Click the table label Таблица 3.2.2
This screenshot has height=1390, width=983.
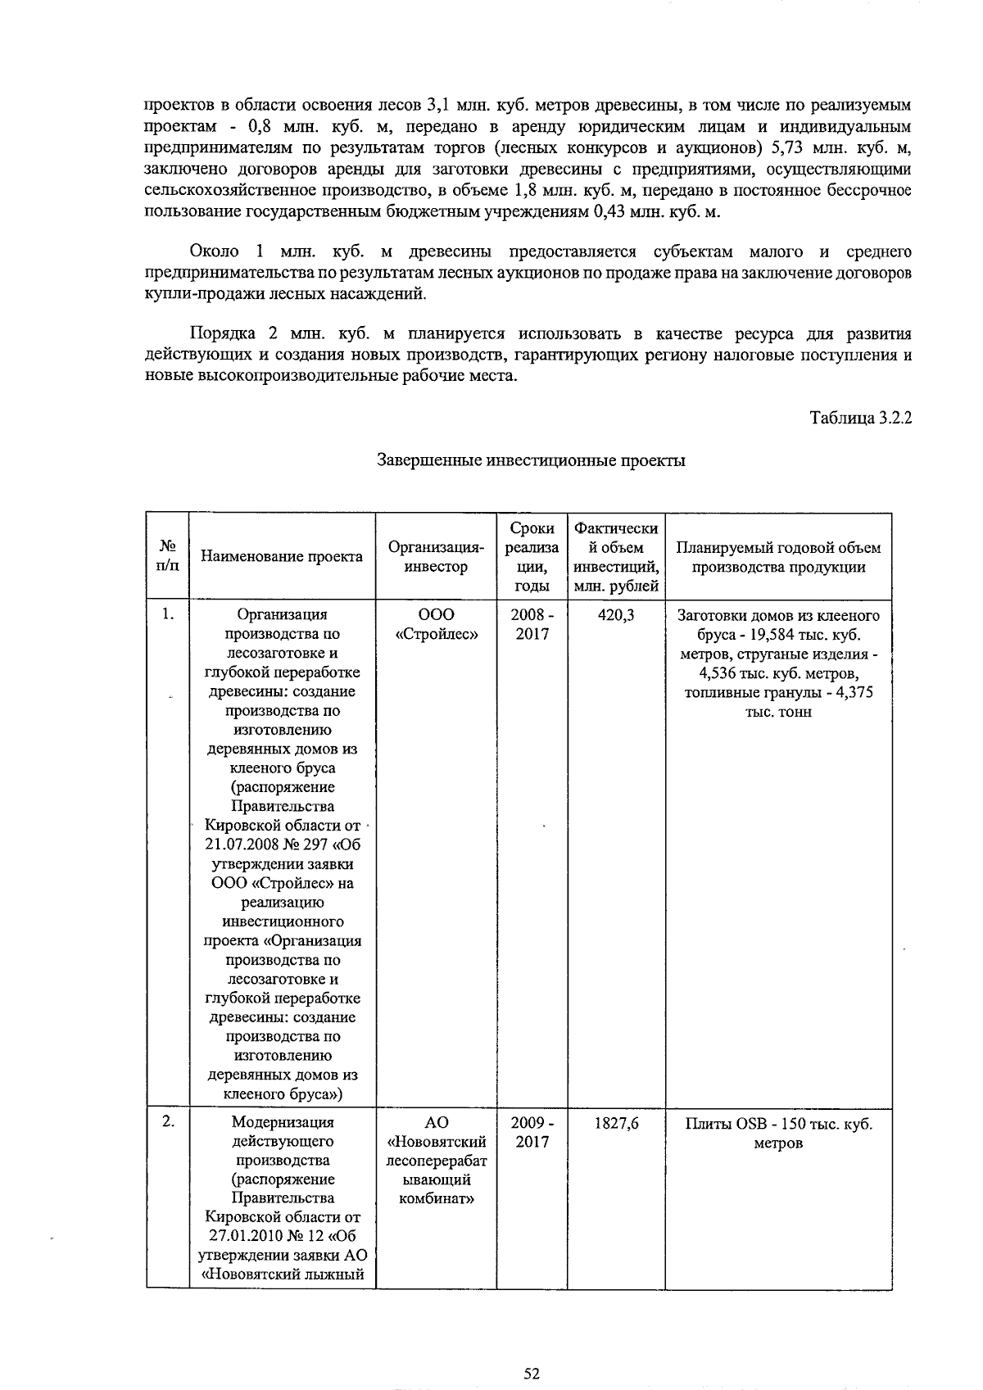(860, 418)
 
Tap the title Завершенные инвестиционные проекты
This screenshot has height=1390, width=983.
(531, 460)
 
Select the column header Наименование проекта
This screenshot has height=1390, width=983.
(282, 557)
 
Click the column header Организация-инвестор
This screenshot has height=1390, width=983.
(436, 557)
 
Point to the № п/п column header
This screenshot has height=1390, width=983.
(167, 555)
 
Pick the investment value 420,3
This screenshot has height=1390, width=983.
(616, 615)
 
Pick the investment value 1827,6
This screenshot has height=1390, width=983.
(616, 1123)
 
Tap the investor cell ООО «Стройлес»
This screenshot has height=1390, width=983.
(436, 624)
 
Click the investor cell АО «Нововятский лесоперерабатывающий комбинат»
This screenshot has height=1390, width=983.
(436, 1161)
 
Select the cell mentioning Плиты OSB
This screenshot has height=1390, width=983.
(777, 1132)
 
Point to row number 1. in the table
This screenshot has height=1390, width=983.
(167, 614)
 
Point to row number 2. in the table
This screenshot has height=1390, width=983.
(167, 1122)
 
